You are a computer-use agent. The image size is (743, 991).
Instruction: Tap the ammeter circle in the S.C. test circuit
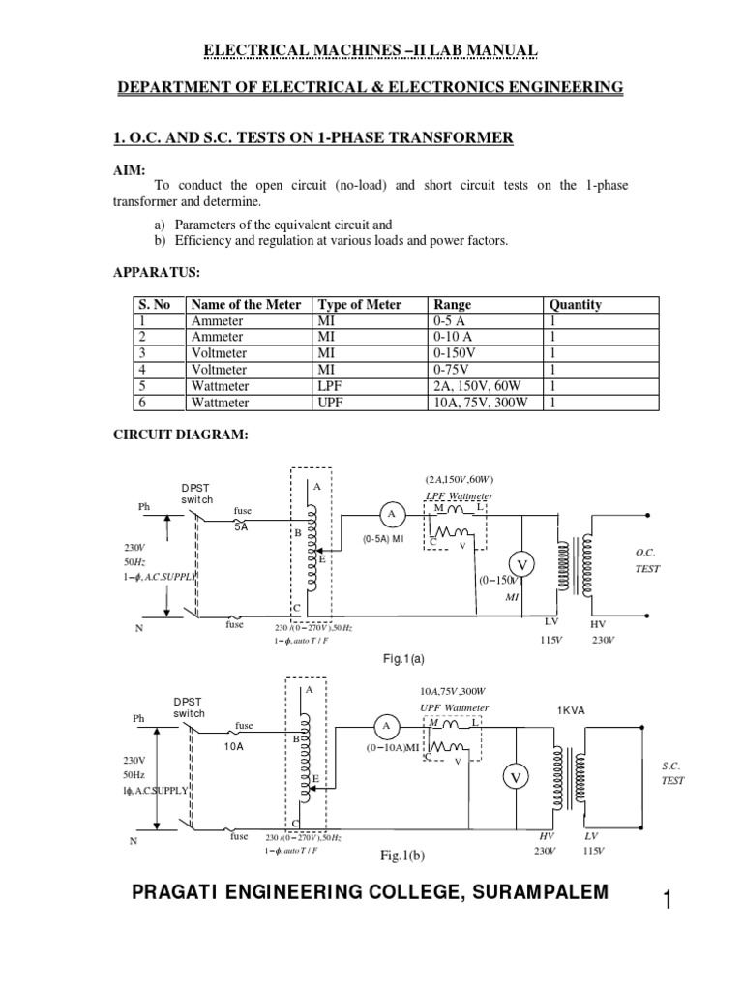386,726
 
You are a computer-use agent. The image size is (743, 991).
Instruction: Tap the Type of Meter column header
361,304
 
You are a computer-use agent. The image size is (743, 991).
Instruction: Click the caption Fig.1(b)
403,856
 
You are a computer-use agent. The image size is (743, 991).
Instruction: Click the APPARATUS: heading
159,273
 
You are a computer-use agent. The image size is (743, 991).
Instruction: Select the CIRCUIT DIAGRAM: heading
182,435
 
